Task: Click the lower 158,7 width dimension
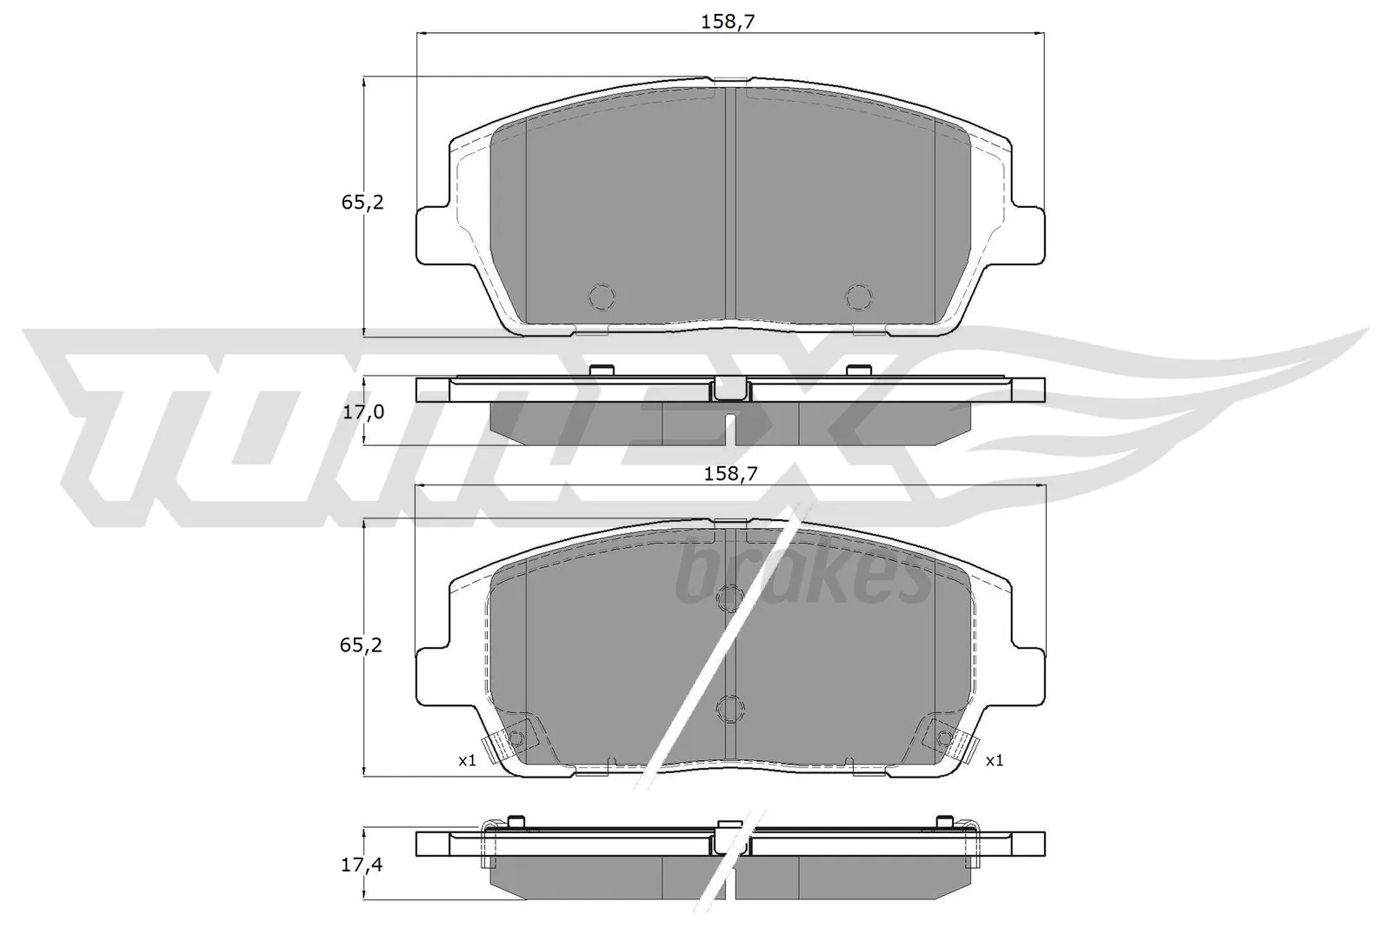pyautogui.click(x=729, y=474)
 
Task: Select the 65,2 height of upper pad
pyautogui.click(x=362, y=203)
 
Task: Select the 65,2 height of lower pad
pyautogui.click(x=362, y=645)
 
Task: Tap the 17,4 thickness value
pyautogui.click(x=363, y=865)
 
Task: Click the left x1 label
pyautogui.click(x=467, y=760)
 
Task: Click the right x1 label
pyautogui.click(x=995, y=760)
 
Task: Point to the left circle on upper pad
pyautogui.click(x=602, y=297)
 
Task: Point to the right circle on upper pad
pyautogui.click(x=858, y=297)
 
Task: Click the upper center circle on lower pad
pyautogui.click(x=729, y=598)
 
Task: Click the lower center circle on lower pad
pyautogui.click(x=729, y=709)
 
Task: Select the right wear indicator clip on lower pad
pyautogui.click(x=949, y=741)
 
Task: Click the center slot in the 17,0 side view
pyautogui.click(x=730, y=427)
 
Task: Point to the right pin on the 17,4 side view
pyautogui.click(x=945, y=820)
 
